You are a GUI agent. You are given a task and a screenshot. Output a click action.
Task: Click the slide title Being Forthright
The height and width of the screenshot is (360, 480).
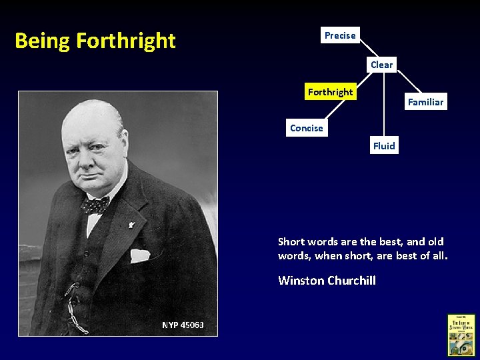(95, 41)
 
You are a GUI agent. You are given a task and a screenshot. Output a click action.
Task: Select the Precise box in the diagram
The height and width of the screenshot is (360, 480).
(340, 35)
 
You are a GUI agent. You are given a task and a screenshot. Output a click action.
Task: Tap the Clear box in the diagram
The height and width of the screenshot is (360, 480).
(381, 65)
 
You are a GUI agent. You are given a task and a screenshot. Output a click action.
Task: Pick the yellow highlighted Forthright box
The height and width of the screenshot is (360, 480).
(330, 92)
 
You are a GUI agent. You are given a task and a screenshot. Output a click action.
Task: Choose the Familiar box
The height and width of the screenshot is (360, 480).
(425, 102)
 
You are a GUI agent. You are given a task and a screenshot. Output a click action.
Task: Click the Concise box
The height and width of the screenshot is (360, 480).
(306, 128)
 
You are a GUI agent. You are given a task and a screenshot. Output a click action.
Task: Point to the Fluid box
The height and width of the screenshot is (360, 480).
(384, 146)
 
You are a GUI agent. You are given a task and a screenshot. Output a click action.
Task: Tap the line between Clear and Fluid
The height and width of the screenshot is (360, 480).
(383, 107)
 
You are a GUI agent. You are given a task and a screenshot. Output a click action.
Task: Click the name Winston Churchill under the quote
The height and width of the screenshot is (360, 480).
(327, 281)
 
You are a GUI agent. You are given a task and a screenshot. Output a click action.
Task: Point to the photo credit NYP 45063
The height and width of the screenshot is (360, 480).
(183, 325)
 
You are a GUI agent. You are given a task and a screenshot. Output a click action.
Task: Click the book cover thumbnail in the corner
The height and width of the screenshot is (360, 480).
(461, 335)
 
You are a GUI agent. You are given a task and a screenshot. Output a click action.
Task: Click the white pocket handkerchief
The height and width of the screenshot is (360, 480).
(139, 255)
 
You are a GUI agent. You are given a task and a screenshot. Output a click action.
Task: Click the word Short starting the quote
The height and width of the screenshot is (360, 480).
(291, 242)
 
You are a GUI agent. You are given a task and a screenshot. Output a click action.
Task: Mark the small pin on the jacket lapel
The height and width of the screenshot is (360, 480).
(131, 226)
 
